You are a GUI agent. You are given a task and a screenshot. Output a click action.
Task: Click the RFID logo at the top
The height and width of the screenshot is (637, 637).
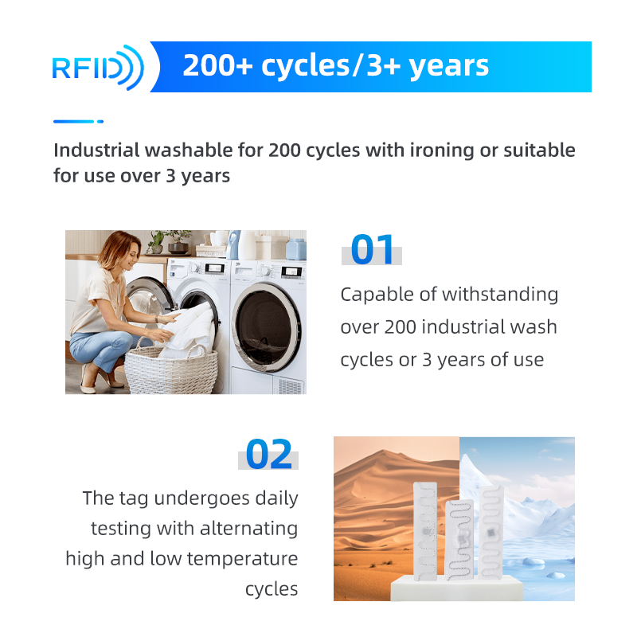pos(98,68)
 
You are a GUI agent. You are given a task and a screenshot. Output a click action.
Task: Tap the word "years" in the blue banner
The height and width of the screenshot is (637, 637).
pos(448,66)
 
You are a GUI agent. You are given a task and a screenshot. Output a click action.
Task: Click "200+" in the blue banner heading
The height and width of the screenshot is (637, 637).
pos(217,65)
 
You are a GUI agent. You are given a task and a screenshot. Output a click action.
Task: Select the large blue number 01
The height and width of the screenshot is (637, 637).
pos(372,249)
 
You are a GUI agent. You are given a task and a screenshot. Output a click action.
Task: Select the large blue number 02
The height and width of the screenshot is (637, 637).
pos(269,454)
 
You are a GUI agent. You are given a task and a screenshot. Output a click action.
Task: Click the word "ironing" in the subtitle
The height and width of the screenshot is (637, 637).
pos(441,150)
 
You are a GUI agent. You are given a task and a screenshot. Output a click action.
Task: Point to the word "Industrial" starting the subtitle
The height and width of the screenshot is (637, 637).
pos(96,150)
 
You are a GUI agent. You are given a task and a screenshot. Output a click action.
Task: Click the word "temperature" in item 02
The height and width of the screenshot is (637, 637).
pos(242,560)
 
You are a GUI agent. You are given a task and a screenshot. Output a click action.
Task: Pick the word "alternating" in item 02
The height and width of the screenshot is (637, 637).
pos(248,529)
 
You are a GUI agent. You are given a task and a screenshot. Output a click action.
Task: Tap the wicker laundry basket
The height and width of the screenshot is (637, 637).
pos(171,369)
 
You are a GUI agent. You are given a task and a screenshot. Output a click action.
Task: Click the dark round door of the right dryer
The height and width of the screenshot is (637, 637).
pos(267,327)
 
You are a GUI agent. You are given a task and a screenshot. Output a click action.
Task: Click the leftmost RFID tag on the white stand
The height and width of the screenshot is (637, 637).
pos(425,530)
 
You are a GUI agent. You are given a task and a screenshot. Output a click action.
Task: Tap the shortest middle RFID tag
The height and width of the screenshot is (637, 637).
pos(460,540)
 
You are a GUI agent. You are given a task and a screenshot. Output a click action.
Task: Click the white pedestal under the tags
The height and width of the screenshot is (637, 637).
pos(456,588)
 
